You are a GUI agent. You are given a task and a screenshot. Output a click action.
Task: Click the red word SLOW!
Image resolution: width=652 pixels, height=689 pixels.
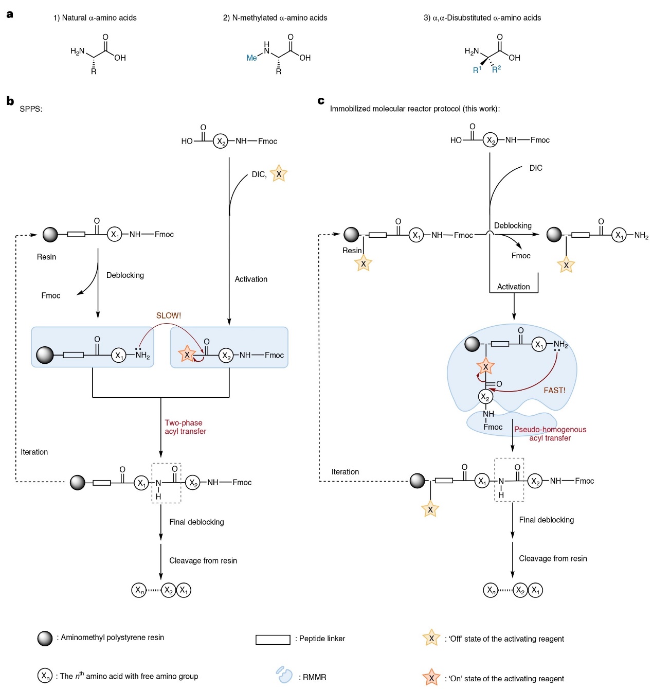pyautogui.click(x=169, y=315)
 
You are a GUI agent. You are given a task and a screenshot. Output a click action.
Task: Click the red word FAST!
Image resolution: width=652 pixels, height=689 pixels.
pyautogui.click(x=554, y=391)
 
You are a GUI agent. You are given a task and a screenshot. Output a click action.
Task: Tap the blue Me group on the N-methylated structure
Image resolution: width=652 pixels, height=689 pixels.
pyautogui.click(x=251, y=58)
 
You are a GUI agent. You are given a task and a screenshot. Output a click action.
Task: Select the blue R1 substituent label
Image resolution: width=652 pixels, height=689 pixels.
pyautogui.click(x=477, y=70)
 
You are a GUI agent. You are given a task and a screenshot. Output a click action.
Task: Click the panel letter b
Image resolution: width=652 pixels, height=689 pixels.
pyautogui.click(x=10, y=101)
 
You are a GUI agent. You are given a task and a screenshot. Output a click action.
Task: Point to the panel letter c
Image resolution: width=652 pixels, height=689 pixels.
pyautogui.click(x=321, y=101)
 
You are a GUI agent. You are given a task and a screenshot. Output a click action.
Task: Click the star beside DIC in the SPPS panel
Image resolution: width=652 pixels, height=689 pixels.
pyautogui.click(x=279, y=174)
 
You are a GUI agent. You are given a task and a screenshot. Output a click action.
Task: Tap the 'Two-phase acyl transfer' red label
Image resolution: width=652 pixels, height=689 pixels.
pyautogui.click(x=185, y=427)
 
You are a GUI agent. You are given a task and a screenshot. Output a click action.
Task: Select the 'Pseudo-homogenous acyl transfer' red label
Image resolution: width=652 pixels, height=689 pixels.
pyautogui.click(x=550, y=433)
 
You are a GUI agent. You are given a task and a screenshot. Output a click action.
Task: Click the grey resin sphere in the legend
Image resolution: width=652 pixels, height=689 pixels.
pyautogui.click(x=45, y=639)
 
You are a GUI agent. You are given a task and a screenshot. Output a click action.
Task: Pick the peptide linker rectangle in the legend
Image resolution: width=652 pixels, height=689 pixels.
pyautogui.click(x=273, y=640)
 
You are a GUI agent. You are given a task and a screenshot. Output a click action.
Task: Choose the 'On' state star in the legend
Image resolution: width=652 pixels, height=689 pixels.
pyautogui.click(x=431, y=678)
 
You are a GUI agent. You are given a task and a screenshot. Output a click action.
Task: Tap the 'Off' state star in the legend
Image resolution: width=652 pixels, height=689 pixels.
pyautogui.click(x=431, y=639)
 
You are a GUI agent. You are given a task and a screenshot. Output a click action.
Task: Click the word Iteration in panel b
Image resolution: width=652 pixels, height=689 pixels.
pyautogui.click(x=34, y=452)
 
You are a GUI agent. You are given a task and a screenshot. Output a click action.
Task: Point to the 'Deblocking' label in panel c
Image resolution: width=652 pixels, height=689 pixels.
pyautogui.click(x=513, y=225)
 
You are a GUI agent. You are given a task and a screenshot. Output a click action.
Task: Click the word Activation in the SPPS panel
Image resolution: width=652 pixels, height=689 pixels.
pyautogui.click(x=251, y=279)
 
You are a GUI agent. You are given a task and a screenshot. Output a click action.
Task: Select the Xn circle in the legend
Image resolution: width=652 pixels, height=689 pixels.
pyautogui.click(x=45, y=675)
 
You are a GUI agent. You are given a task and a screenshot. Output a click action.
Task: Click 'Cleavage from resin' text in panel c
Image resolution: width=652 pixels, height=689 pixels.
pyautogui.click(x=553, y=558)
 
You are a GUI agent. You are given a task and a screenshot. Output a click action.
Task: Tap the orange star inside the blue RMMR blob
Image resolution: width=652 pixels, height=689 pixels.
pyautogui.click(x=485, y=366)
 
